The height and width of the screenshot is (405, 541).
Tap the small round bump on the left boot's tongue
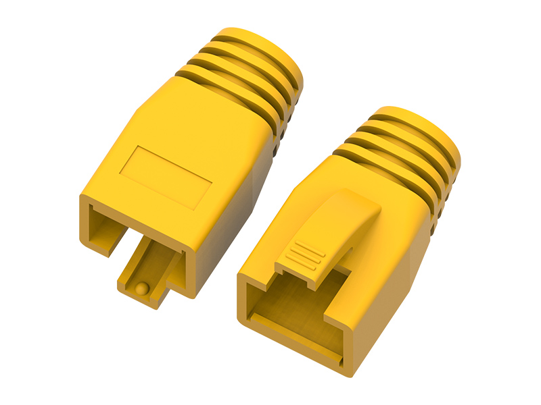point(141,288)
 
